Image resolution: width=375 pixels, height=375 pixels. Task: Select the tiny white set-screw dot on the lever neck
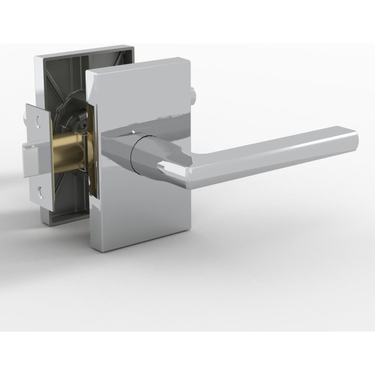[133, 131]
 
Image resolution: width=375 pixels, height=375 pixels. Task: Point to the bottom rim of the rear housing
[66, 222]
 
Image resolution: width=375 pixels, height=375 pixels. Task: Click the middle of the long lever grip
[274, 158]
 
